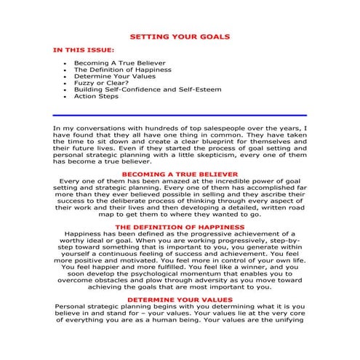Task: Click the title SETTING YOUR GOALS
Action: pos(179,36)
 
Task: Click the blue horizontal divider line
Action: pos(180,116)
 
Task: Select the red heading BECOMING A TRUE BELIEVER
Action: pos(180,175)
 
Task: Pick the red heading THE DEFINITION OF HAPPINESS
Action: pos(180,227)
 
